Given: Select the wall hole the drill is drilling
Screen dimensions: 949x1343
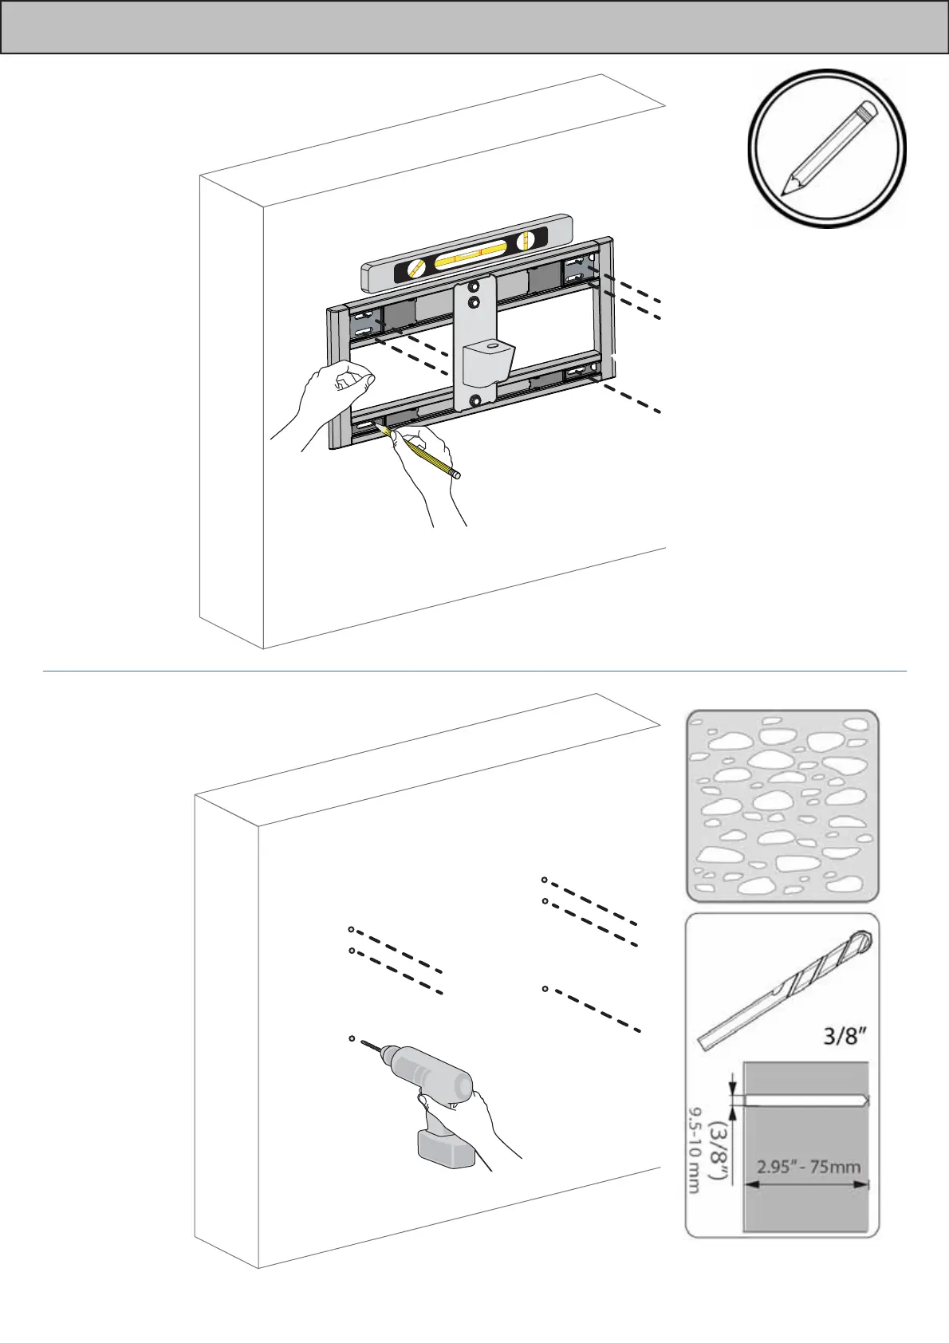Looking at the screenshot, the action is coord(352,1038).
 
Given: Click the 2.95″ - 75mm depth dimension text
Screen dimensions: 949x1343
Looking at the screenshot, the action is coord(807,1167).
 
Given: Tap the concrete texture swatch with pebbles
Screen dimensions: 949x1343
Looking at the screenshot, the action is coord(782,805).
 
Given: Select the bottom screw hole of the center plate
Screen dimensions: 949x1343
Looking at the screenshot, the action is coord(475,400).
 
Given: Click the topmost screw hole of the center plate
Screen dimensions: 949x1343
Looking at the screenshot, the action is coord(475,286).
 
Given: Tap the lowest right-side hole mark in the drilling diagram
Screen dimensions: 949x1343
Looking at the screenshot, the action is coord(545,989).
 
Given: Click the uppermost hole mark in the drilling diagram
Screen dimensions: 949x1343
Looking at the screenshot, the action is coord(544,880).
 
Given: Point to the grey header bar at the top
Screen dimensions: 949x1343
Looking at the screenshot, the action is coord(474,27).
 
